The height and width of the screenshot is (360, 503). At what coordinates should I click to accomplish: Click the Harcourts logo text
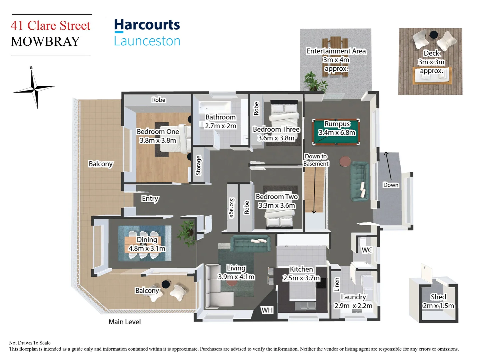[147, 25]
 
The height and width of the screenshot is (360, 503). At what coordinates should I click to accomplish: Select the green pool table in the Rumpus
[336, 132]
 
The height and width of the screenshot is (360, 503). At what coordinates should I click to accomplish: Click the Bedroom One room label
[158, 132]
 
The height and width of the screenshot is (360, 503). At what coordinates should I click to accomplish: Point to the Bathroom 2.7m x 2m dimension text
[221, 126]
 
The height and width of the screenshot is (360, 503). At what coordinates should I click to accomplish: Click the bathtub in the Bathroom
[215, 107]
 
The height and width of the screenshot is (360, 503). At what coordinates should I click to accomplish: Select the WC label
[367, 250]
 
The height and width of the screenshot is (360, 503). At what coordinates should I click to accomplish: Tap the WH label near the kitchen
[267, 310]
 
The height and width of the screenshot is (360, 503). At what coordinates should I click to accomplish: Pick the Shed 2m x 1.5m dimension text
[438, 306]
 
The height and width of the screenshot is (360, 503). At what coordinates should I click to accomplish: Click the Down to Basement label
[316, 160]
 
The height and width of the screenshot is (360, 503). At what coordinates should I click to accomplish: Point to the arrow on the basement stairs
[314, 190]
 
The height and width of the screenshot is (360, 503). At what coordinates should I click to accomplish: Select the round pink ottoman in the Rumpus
[345, 162]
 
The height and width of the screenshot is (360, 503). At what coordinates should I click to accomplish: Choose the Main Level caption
[125, 322]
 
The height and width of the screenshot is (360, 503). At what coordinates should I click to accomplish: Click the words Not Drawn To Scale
[30, 343]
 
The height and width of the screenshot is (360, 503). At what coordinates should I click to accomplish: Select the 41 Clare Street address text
[51, 26]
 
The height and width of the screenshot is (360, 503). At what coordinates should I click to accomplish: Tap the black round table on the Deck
[433, 34]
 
